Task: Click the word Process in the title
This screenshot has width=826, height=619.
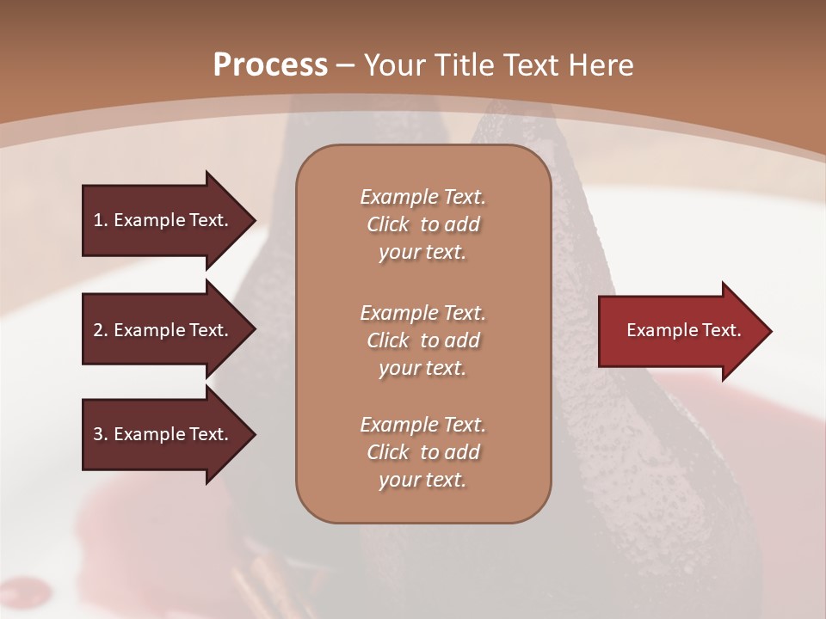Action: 270,65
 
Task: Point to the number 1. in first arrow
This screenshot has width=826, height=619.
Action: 101,220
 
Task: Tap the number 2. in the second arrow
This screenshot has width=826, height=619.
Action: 101,330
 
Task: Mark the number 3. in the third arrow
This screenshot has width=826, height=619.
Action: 101,434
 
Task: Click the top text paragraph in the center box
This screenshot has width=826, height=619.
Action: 422,224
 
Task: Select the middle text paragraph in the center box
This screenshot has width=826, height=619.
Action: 422,340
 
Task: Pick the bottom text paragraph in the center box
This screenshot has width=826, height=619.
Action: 422,452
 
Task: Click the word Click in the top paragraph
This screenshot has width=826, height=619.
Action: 388,224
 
